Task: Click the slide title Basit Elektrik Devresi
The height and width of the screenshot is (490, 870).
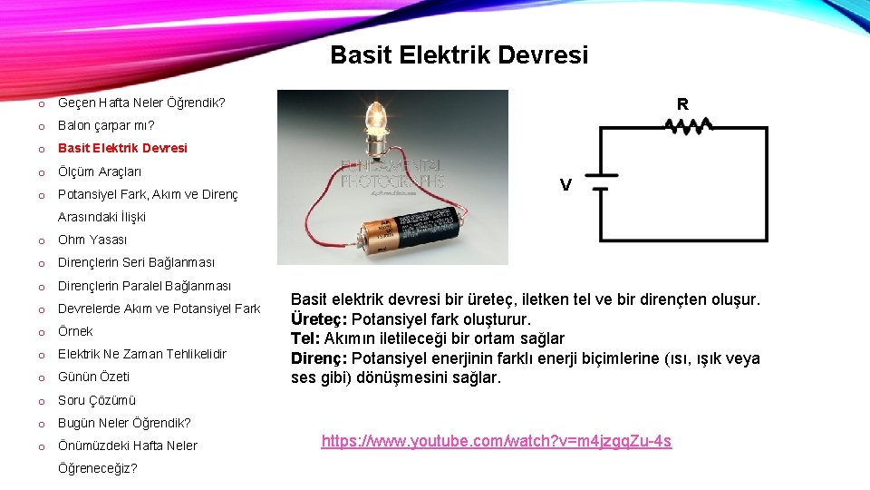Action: point(459,55)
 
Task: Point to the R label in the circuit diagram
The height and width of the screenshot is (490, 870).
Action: point(682,103)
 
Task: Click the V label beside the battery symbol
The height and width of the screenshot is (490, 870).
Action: point(565,185)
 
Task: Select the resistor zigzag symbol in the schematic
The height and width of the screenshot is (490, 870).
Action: point(691,126)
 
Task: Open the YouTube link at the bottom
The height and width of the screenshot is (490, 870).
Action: point(497,442)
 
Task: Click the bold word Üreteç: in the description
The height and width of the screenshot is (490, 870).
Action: point(318,319)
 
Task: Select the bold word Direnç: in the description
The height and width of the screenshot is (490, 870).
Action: point(318,358)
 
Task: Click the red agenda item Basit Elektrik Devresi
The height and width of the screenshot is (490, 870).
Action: point(122,148)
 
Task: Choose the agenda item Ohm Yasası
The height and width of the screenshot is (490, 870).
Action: point(92,240)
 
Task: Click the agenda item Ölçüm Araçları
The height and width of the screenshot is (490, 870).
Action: point(100,171)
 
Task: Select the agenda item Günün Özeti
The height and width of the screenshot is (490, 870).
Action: point(93,377)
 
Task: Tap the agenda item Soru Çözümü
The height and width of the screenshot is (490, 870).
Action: point(97,400)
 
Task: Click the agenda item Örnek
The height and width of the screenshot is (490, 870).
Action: point(75,331)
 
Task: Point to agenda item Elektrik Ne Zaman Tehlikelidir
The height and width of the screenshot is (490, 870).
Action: point(142,354)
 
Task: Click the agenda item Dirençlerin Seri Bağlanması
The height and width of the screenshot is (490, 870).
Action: point(137,263)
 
